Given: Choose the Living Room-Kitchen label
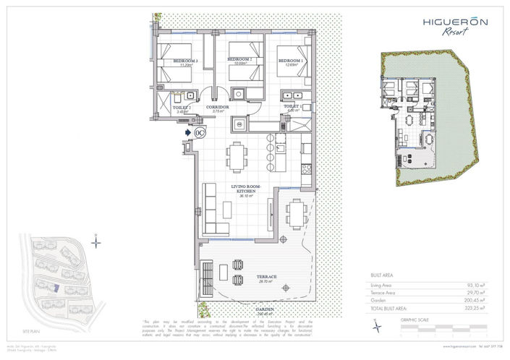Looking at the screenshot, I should pyautogui.click(x=245, y=189).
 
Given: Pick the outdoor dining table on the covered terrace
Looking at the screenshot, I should pyautogui.click(x=295, y=212).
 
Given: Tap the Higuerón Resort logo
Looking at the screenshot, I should pyautogui.click(x=454, y=25).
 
